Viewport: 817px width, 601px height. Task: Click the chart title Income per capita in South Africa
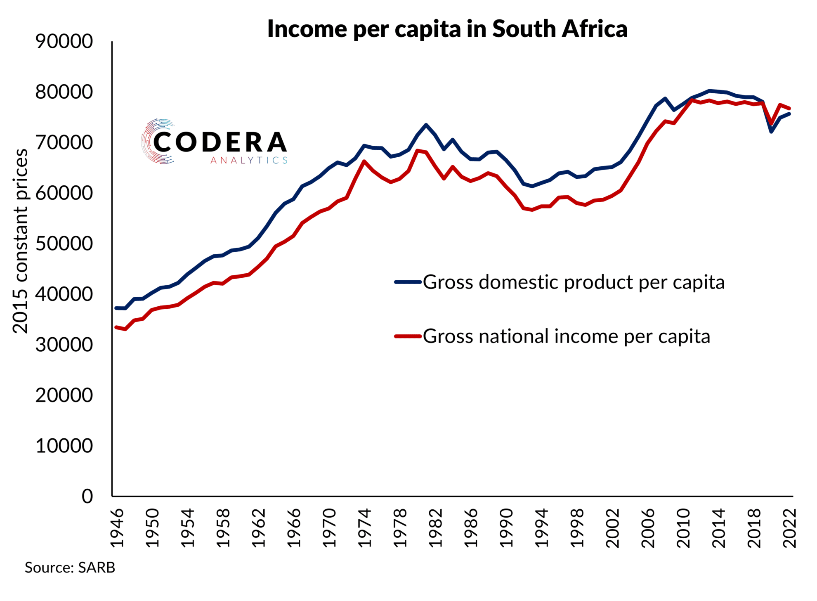coord(447,29)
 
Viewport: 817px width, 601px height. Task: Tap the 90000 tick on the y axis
coord(64,41)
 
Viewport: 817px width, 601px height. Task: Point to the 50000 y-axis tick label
coord(64,244)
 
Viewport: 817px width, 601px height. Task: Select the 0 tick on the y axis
coord(87,496)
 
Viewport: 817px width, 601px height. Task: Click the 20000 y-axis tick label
coord(64,395)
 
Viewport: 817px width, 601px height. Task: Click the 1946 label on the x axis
coord(117,528)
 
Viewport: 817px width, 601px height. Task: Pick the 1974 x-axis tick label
coord(365,528)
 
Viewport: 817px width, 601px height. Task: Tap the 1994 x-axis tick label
coord(541,528)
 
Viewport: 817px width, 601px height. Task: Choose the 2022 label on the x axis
coord(789,528)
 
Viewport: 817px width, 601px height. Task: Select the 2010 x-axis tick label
coord(683,528)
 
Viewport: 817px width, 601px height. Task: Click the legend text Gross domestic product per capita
coord(574,282)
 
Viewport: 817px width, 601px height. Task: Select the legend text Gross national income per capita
coord(567,336)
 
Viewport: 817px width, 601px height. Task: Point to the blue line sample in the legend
coord(408,282)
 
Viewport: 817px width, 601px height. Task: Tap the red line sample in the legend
coord(408,336)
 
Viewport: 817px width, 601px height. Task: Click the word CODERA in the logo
coord(220,142)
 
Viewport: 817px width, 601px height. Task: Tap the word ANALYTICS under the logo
coord(249,160)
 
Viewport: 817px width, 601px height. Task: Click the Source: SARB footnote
coord(70,568)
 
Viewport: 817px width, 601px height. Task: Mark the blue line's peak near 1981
coord(426,125)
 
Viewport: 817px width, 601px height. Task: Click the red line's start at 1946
coord(117,327)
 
